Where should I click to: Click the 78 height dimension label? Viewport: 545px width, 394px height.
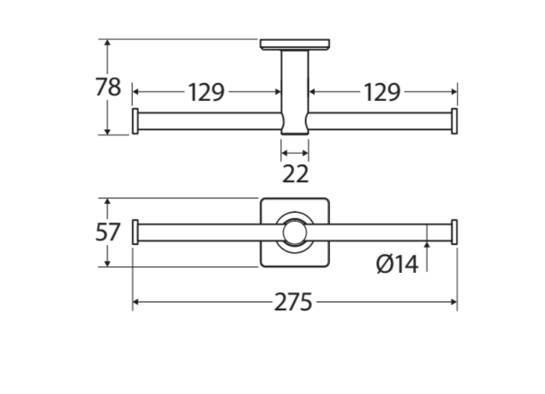108,87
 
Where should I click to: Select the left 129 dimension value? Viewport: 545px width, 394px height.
207,92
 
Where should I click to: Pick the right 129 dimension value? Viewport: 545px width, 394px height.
381,92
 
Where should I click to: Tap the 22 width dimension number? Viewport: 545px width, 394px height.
295,173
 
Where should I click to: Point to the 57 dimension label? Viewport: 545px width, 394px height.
108,232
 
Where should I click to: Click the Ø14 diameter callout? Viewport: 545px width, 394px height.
396,264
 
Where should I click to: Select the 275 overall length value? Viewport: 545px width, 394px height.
293,302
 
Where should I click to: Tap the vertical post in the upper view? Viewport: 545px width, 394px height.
294,90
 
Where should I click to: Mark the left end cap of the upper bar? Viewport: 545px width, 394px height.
135,121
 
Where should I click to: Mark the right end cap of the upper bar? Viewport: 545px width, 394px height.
454,121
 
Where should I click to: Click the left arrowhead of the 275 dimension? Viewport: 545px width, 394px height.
137,302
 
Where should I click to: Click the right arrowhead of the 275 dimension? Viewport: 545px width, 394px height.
453,302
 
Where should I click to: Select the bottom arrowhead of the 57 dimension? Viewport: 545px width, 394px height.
108,263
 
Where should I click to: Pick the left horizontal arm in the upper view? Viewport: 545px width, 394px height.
208,121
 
